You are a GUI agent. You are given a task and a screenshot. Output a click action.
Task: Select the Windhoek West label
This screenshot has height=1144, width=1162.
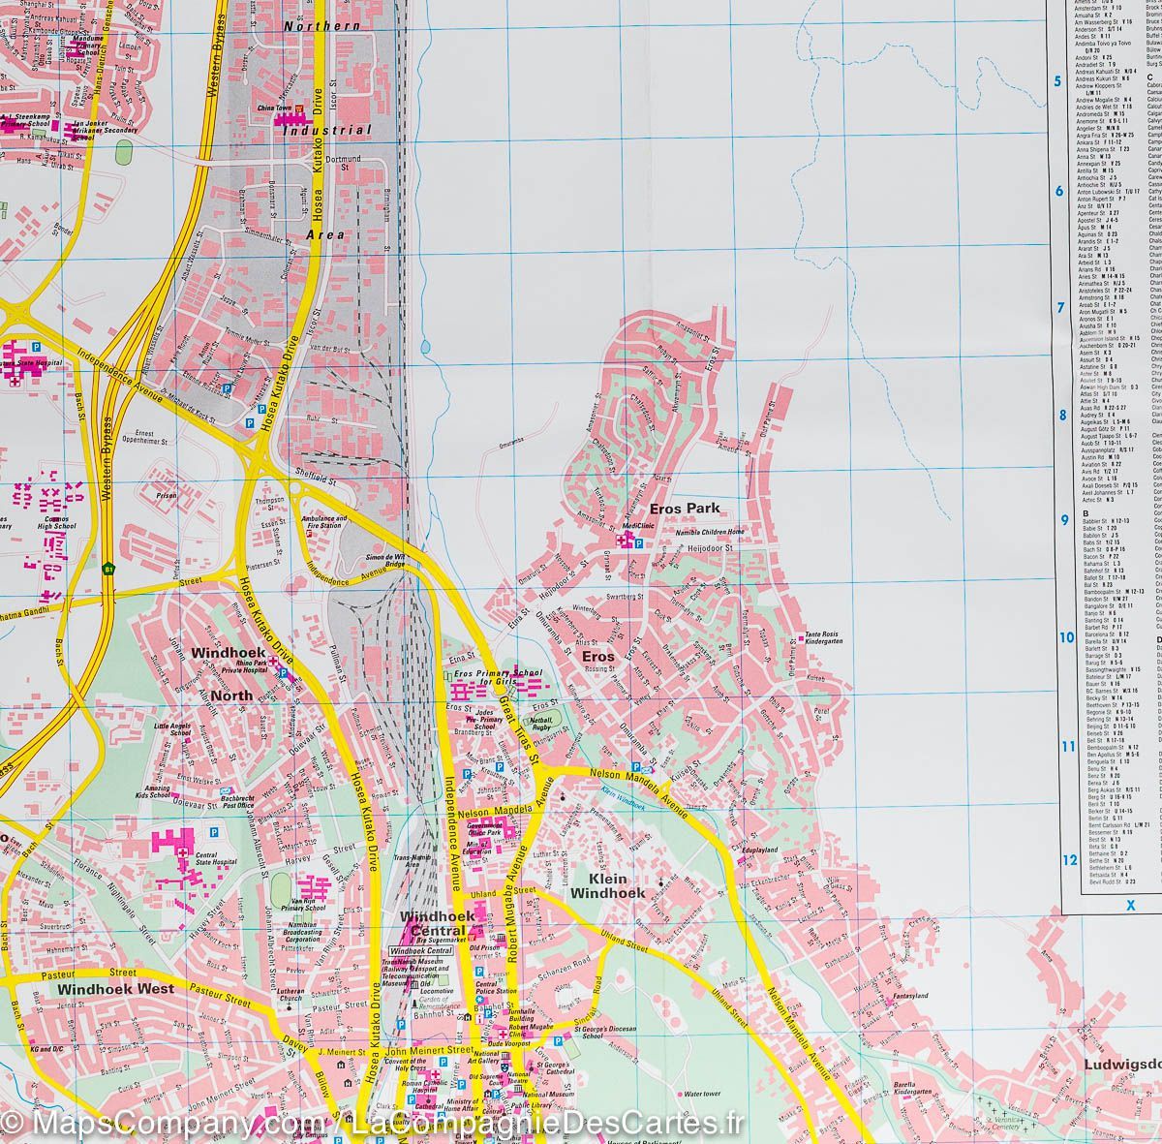pyautogui.click(x=115, y=989)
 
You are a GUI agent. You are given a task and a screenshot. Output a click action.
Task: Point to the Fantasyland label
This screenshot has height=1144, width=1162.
pyautogui.click(x=910, y=996)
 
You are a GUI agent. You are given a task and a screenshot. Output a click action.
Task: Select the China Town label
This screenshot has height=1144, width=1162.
pyautogui.click(x=274, y=108)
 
